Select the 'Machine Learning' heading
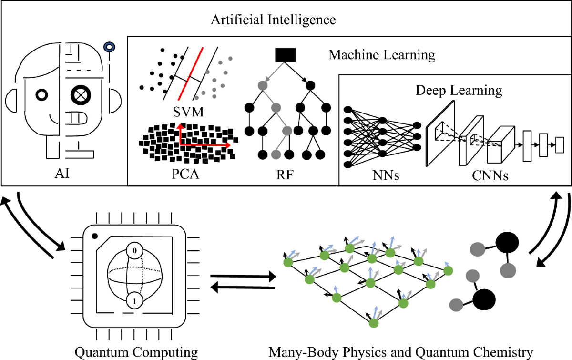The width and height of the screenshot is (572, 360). [x=382, y=55]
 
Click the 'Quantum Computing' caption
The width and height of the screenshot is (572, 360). [x=136, y=352]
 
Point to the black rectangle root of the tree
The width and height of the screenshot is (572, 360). [x=286, y=55]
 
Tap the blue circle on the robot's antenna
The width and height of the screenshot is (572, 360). [x=110, y=47]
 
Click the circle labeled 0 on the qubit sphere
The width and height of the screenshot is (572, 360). [x=135, y=250]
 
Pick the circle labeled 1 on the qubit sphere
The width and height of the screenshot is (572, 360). [x=135, y=301]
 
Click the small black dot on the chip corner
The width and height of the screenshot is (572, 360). [x=95, y=236]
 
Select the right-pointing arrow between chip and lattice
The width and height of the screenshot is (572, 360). [x=243, y=276]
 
